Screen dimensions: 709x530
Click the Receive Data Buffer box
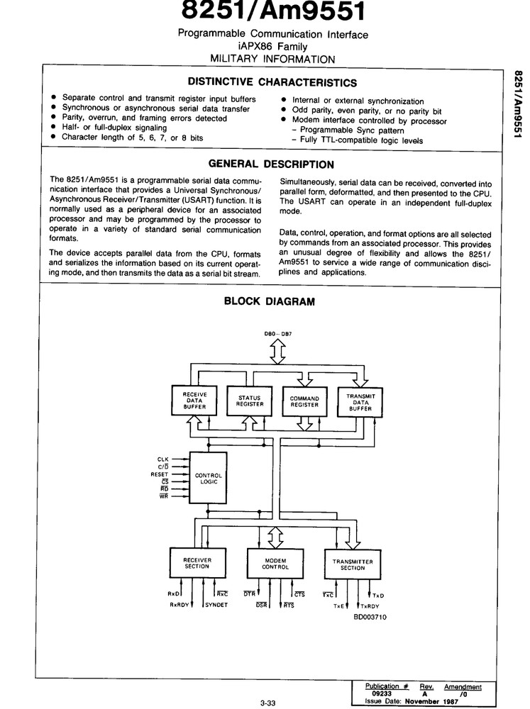coord(194,402)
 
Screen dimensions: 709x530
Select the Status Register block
coord(249,401)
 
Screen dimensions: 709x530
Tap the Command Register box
coord(304,402)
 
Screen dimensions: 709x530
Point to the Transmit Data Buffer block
coord(360,402)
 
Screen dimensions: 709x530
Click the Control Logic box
coord(209,479)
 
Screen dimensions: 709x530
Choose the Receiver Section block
coord(197,563)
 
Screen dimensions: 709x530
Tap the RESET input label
coord(159,474)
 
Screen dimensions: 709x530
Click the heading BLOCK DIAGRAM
coord(269,301)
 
